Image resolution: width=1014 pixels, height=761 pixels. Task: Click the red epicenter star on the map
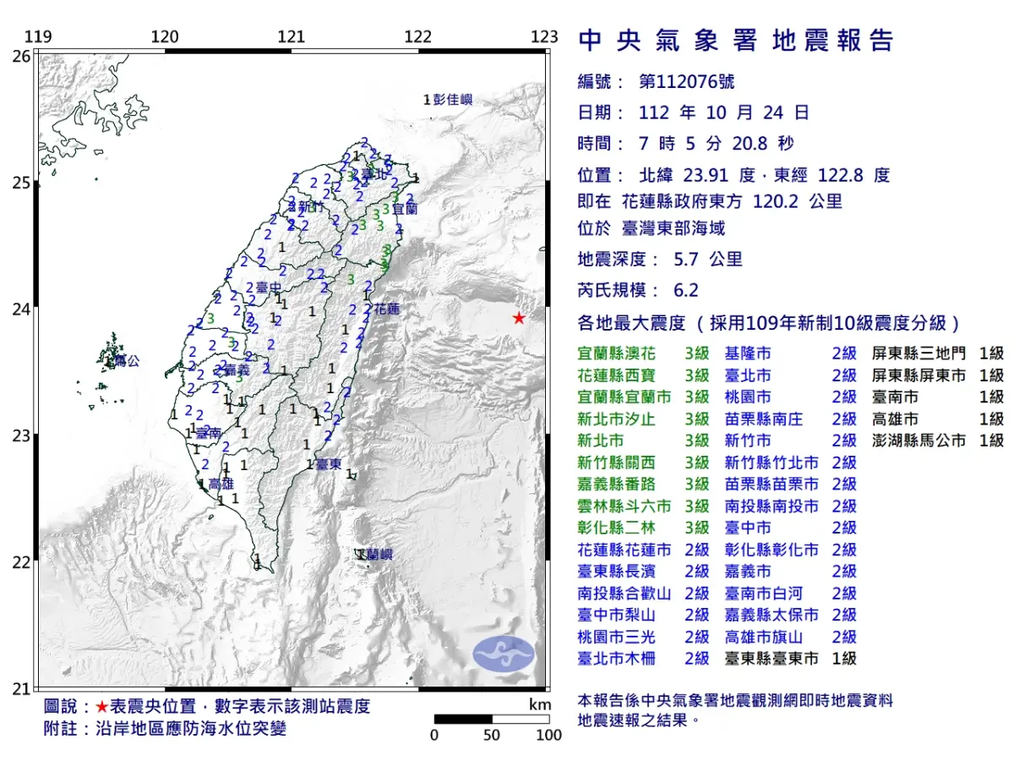[519, 318]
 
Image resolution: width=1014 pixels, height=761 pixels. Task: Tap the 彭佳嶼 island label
[452, 100]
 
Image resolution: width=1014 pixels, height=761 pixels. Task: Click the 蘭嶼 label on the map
[376, 555]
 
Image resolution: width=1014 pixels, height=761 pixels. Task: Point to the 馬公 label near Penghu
[127, 361]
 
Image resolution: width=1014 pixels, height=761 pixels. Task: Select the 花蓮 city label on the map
[386, 309]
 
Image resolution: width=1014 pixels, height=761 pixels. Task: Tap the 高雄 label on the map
[221, 484]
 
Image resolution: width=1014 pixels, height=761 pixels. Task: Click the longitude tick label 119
[38, 37]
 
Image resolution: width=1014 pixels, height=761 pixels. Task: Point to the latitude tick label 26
[21, 56]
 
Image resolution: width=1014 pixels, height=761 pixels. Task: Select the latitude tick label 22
[21, 562]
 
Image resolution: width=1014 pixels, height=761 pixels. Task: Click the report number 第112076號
[687, 82]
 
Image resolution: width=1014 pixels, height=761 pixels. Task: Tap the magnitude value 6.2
[686, 290]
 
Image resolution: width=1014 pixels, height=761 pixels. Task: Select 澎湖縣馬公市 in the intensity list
[919, 441]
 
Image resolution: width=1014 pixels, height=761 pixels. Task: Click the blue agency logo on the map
[504, 654]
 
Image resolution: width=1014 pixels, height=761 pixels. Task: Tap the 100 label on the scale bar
[548, 736]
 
